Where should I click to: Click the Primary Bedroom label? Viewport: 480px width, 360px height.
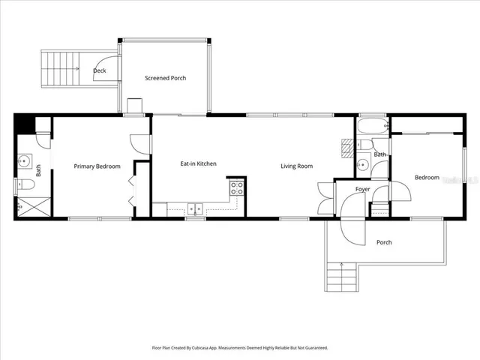97,166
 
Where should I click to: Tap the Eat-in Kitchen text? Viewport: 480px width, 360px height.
198,163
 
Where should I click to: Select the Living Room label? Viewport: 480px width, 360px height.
296,166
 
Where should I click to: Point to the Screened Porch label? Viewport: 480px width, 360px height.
165,78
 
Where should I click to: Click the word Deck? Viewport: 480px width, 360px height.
99,71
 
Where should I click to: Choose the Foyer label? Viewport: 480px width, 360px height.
363,189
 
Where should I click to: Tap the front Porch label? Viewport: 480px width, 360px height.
384,242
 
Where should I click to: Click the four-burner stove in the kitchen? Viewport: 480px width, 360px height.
236,187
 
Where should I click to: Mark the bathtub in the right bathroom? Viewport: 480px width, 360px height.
371,125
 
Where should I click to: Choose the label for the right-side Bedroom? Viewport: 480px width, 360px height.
427,178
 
